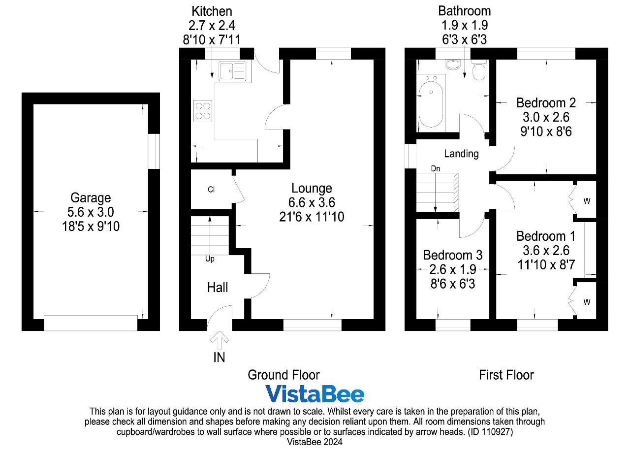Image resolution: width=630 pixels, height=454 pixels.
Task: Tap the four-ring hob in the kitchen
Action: pos(203,111)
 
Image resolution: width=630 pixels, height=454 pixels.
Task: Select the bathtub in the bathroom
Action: pos(431,103)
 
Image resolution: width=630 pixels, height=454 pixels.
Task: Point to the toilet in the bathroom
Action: pos(479,69)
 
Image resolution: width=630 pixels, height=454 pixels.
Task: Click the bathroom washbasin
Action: pos(453,65)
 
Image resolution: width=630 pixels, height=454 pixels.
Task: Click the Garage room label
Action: pos(91,198)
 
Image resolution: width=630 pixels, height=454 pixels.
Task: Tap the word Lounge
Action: pos(312,189)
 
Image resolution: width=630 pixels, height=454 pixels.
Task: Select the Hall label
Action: pos(218,288)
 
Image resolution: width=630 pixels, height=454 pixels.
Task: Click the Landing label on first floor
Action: pos(461,154)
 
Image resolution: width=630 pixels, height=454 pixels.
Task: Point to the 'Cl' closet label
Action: pos(211,190)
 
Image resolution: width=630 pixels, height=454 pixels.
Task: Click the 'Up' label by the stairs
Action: pos(210,259)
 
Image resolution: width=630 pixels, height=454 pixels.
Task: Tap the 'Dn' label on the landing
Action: pos(436,169)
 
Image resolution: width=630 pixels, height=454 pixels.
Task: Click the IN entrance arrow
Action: pos(220,340)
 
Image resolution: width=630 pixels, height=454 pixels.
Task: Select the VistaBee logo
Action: pos(315,394)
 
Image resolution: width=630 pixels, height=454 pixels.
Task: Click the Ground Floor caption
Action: pos(283,375)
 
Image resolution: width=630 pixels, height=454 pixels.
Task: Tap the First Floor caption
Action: pos(506,375)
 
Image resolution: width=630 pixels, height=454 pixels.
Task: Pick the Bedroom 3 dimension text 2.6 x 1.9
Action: pos(453,269)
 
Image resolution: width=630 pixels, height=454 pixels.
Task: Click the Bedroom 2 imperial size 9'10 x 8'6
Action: pos(546,131)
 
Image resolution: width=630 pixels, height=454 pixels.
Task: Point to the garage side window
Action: pos(154,151)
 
